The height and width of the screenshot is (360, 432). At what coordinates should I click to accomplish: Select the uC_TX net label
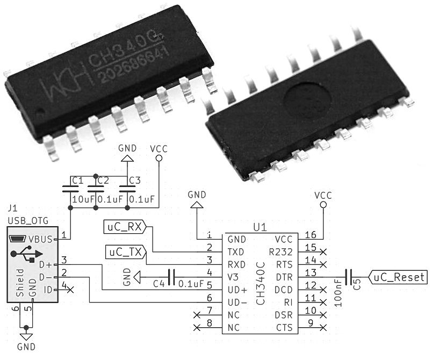coord(124,251)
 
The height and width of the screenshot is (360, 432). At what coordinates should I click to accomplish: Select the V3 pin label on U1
coord(233,277)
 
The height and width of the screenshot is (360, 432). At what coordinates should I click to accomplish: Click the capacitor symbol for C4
coord(171,277)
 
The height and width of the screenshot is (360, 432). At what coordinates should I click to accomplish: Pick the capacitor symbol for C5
coord(349,277)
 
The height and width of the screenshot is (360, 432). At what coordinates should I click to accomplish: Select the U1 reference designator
coord(260,228)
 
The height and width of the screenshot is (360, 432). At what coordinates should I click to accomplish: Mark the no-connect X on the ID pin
coord(70,290)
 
